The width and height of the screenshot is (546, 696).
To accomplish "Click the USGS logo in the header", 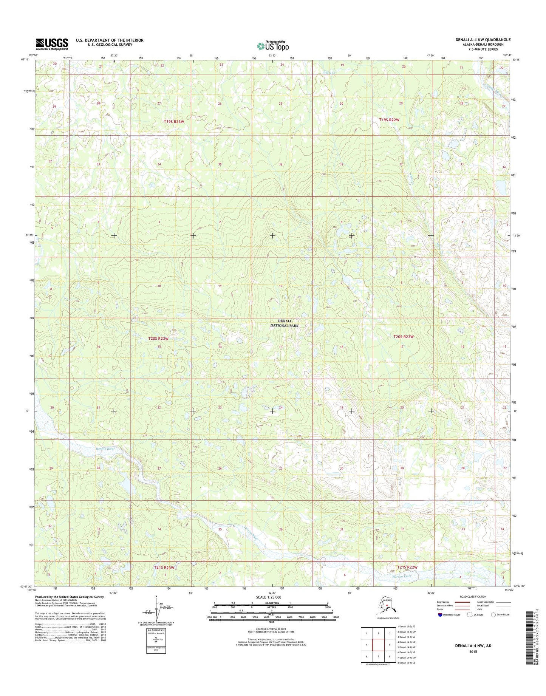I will pyautogui.click(x=52, y=44).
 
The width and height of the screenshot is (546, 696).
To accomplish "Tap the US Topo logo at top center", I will pyautogui.click(x=273, y=46).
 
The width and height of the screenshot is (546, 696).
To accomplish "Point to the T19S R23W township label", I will pyautogui.click(x=174, y=121).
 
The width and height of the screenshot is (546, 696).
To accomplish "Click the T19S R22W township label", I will pyautogui.click(x=389, y=120).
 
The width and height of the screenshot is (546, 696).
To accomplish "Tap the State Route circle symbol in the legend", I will pyautogui.click(x=493, y=625).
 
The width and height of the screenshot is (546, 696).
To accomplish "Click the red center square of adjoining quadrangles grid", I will pyautogui.click(x=379, y=645).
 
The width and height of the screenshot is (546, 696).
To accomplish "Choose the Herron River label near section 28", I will pyautogui.click(x=105, y=449).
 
